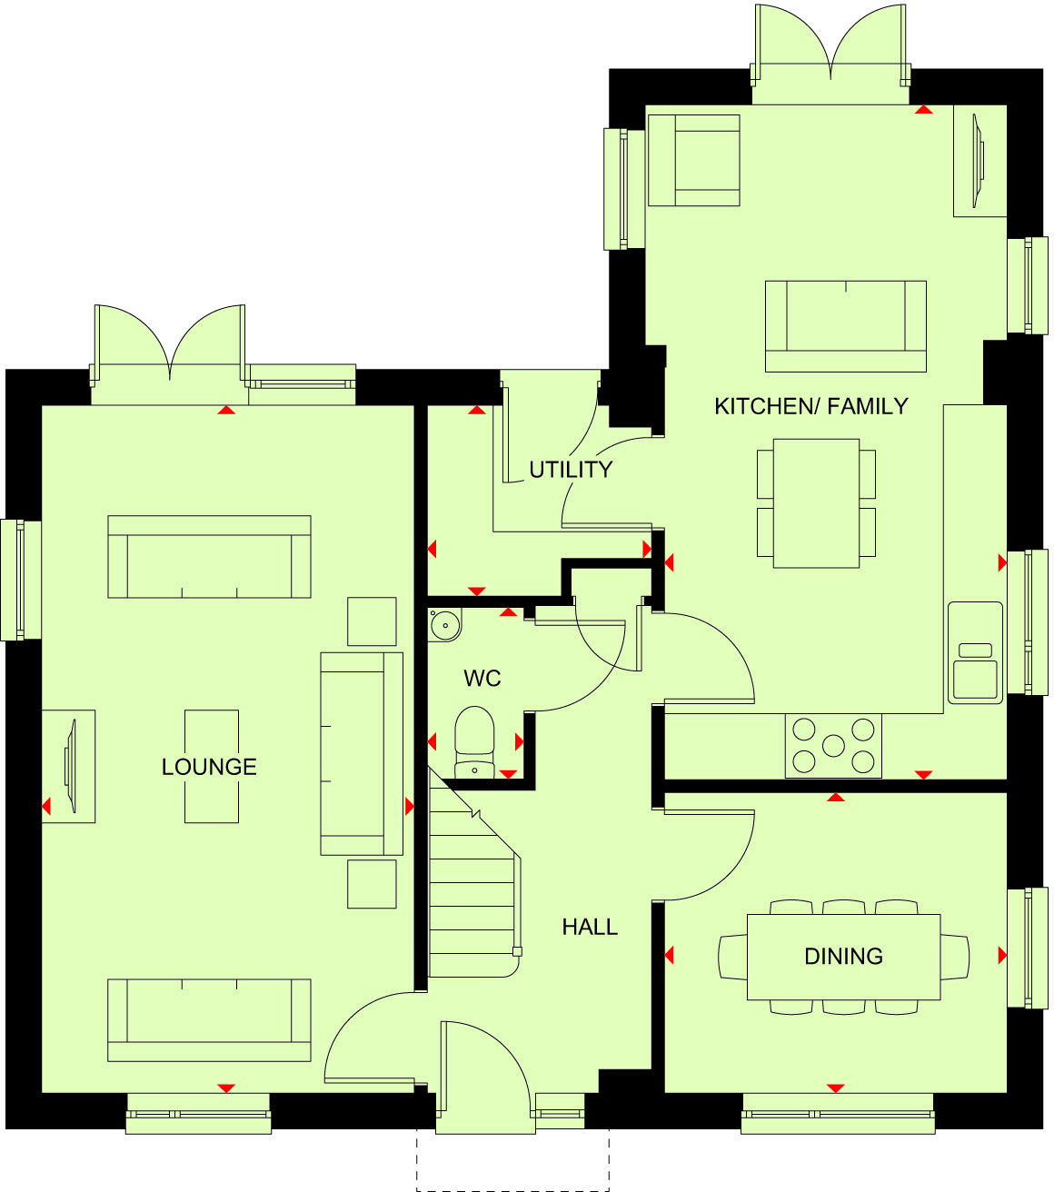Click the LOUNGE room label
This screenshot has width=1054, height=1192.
coord(209,767)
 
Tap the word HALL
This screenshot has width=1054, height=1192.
coord(590,927)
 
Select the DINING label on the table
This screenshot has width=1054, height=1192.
coord(843,956)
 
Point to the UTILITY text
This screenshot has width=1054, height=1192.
coord(571,470)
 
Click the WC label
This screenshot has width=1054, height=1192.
coord(482,679)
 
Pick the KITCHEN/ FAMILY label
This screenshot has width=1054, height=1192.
coord(811,406)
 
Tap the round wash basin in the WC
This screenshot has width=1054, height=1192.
coord(445,625)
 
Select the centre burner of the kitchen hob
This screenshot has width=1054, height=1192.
coord(833,745)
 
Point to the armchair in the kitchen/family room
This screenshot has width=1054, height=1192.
coord(694,161)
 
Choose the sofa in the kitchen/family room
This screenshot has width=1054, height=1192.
coord(845,325)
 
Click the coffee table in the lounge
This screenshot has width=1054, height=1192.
coord(212,766)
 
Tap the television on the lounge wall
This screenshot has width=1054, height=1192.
coord(70,765)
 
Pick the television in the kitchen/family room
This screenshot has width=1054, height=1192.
coord(979,161)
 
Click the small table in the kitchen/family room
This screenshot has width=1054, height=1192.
coord(816,503)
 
